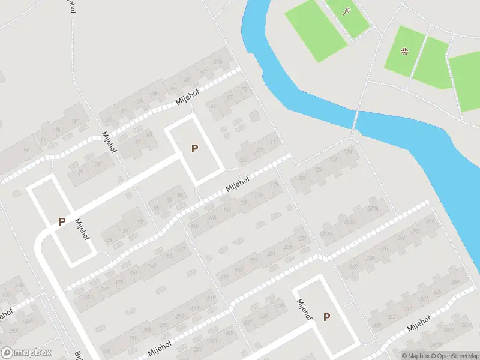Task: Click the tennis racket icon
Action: tap(346, 11)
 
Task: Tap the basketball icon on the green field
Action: tap(405, 51)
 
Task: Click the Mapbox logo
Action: tap(26, 353)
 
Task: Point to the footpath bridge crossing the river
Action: tap(355, 120)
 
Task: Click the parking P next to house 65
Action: tap(194, 148)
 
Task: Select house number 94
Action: tap(26, 149)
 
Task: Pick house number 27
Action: tap(124, 111)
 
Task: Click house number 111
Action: tap(274, 142)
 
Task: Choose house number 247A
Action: tap(373, 209)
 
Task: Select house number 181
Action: tap(89, 297)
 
